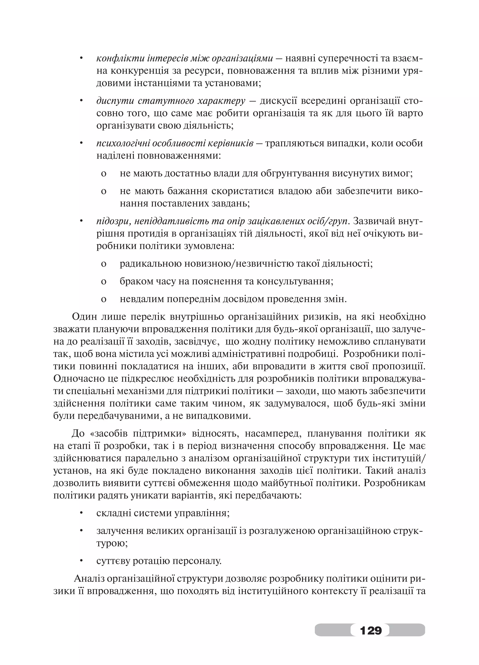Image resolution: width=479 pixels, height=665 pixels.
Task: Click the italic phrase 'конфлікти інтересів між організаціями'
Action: (x=185, y=59)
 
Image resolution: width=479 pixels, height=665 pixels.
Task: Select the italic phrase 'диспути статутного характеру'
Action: (x=171, y=101)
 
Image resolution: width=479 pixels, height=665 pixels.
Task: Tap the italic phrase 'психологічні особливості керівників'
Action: (x=175, y=143)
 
